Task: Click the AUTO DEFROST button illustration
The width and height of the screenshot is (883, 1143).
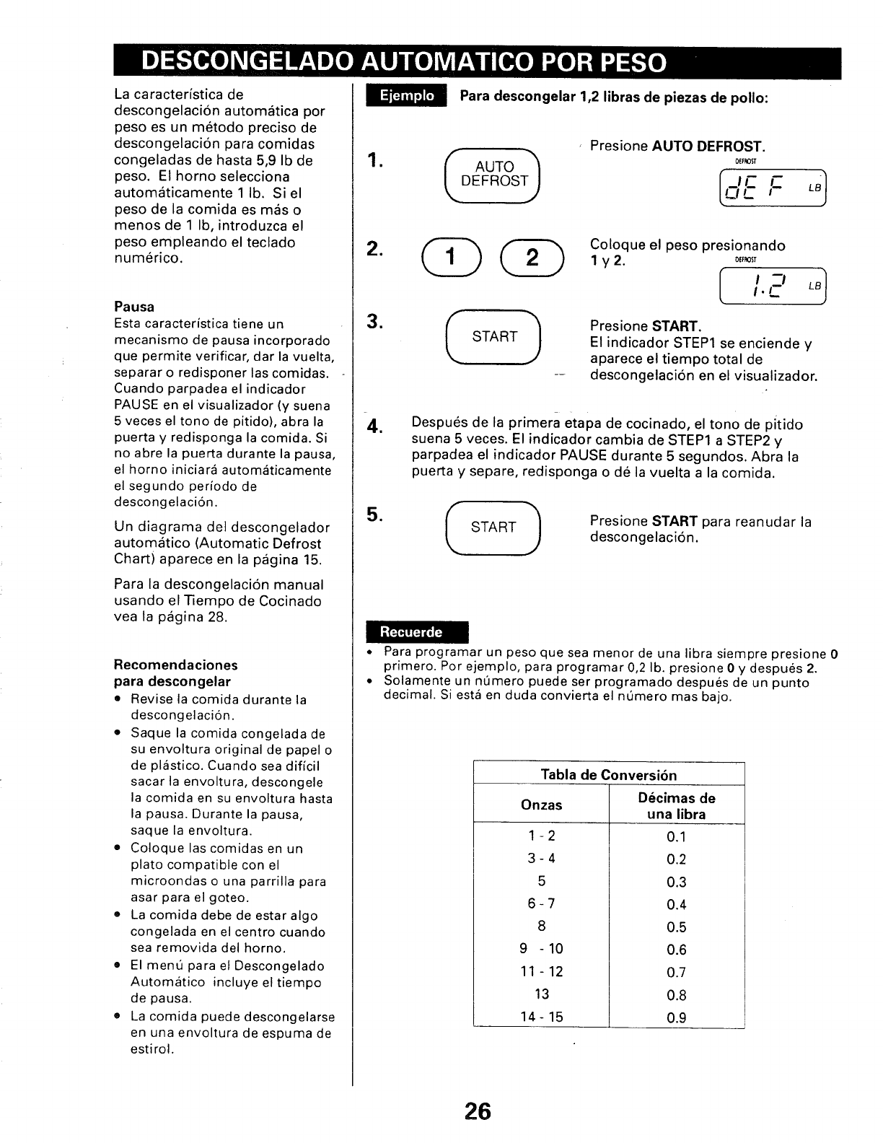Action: point(494,174)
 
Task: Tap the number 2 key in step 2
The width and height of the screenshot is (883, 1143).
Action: point(532,258)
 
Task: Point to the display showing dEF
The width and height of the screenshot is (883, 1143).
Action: point(772,186)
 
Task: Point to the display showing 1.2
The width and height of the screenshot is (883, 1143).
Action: point(772,286)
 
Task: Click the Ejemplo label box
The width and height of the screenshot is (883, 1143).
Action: point(407,96)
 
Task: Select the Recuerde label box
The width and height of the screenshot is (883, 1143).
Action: point(416,632)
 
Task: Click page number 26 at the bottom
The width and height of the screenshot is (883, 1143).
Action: point(477,1111)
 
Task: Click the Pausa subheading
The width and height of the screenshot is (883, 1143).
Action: point(134,307)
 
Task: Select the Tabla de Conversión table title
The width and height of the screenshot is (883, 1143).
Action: point(609,775)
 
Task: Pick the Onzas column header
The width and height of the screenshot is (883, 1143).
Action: point(541,805)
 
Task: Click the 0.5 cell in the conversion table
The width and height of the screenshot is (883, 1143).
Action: point(676,927)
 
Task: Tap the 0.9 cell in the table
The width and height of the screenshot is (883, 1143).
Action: point(676,1017)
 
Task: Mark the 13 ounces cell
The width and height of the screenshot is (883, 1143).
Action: point(541,994)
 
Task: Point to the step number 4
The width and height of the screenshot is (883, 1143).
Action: point(373,427)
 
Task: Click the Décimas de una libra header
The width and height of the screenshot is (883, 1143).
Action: point(676,806)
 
